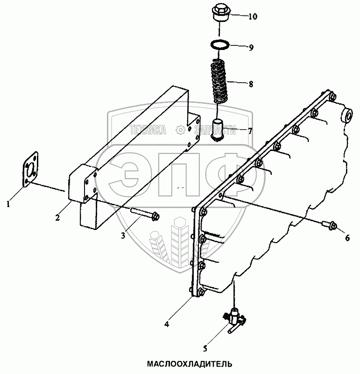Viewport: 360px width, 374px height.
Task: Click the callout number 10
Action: click(253, 17)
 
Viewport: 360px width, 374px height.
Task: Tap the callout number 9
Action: click(251, 48)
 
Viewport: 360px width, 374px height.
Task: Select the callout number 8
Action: click(251, 84)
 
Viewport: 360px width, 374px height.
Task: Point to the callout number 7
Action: click(250, 131)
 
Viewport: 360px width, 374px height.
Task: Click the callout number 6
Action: click(347, 237)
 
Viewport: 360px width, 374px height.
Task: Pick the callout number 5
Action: click(205, 349)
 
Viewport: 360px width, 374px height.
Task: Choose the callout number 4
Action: click(167, 324)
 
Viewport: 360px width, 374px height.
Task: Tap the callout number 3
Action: click(123, 236)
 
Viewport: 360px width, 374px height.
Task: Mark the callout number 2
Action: click(57, 217)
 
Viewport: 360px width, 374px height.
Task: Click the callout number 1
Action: click(8, 204)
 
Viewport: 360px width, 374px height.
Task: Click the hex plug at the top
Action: click(219, 13)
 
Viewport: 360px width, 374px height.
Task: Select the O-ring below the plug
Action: click(219, 45)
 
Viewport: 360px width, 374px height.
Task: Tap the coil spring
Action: click(219, 80)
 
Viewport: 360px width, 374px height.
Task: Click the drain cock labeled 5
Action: click(234, 320)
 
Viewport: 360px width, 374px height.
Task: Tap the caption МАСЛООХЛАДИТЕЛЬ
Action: click(190, 364)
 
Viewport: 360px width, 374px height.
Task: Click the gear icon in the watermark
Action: click(180, 129)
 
